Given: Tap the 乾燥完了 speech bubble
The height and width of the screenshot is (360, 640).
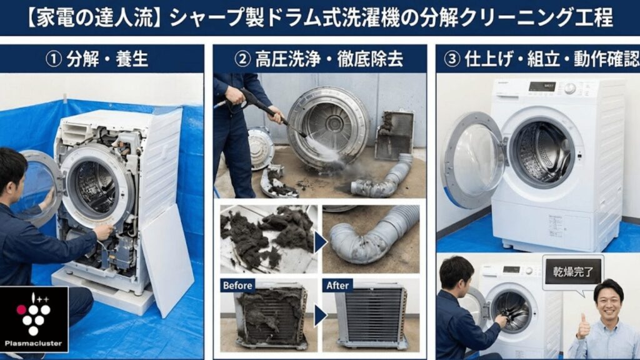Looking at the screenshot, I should coord(573,272).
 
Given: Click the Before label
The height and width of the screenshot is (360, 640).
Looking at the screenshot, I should coord(237,286).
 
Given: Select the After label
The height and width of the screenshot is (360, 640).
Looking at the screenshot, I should coord(338,286).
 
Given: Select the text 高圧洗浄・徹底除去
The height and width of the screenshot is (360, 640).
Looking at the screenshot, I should coord(328,60).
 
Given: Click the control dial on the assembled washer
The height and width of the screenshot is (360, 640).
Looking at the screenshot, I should coord(569,88).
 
